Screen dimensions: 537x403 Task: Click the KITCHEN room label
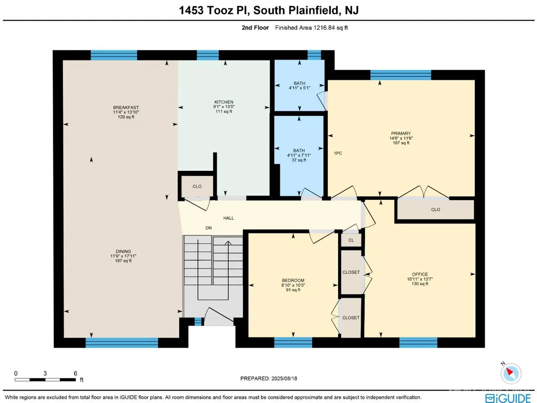point(224,102)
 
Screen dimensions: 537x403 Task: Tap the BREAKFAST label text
point(126,107)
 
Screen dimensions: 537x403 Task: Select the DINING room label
point(123,251)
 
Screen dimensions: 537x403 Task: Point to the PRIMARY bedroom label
point(401,133)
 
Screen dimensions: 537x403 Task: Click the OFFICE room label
point(420,274)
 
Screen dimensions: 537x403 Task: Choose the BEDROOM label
point(293,280)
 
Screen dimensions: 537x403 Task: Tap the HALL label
point(229,218)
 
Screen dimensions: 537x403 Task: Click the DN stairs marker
point(209,228)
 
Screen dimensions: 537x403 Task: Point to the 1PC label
point(338,153)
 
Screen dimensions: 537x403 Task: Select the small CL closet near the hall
point(351,240)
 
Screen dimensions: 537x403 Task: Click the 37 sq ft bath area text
point(299,160)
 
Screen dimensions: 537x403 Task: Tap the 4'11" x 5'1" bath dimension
point(299,88)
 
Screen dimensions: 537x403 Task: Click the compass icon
point(511,374)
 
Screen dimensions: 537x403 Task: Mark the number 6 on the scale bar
point(76,373)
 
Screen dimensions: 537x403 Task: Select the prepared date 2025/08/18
point(284,379)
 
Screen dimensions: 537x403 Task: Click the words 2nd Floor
point(255,28)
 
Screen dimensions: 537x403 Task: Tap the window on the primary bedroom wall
point(401,75)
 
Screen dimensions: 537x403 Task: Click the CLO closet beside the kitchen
point(197,186)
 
